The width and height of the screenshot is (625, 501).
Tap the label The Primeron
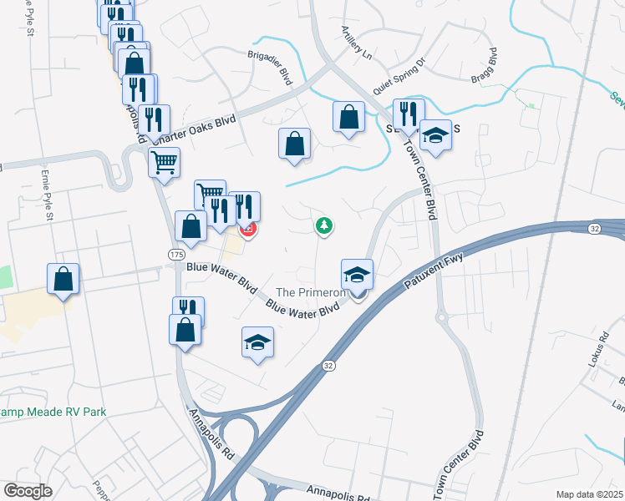point(311,292)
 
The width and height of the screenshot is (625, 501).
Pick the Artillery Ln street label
point(355,42)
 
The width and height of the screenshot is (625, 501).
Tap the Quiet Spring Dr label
point(399,73)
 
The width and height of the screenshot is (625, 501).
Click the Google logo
point(28,490)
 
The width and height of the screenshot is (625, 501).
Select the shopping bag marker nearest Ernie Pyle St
point(64,279)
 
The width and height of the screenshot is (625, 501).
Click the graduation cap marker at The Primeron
point(357,273)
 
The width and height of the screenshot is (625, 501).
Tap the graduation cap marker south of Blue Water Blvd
point(258,341)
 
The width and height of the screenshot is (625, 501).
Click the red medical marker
point(247,228)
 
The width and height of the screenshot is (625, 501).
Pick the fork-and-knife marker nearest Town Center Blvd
point(409,114)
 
